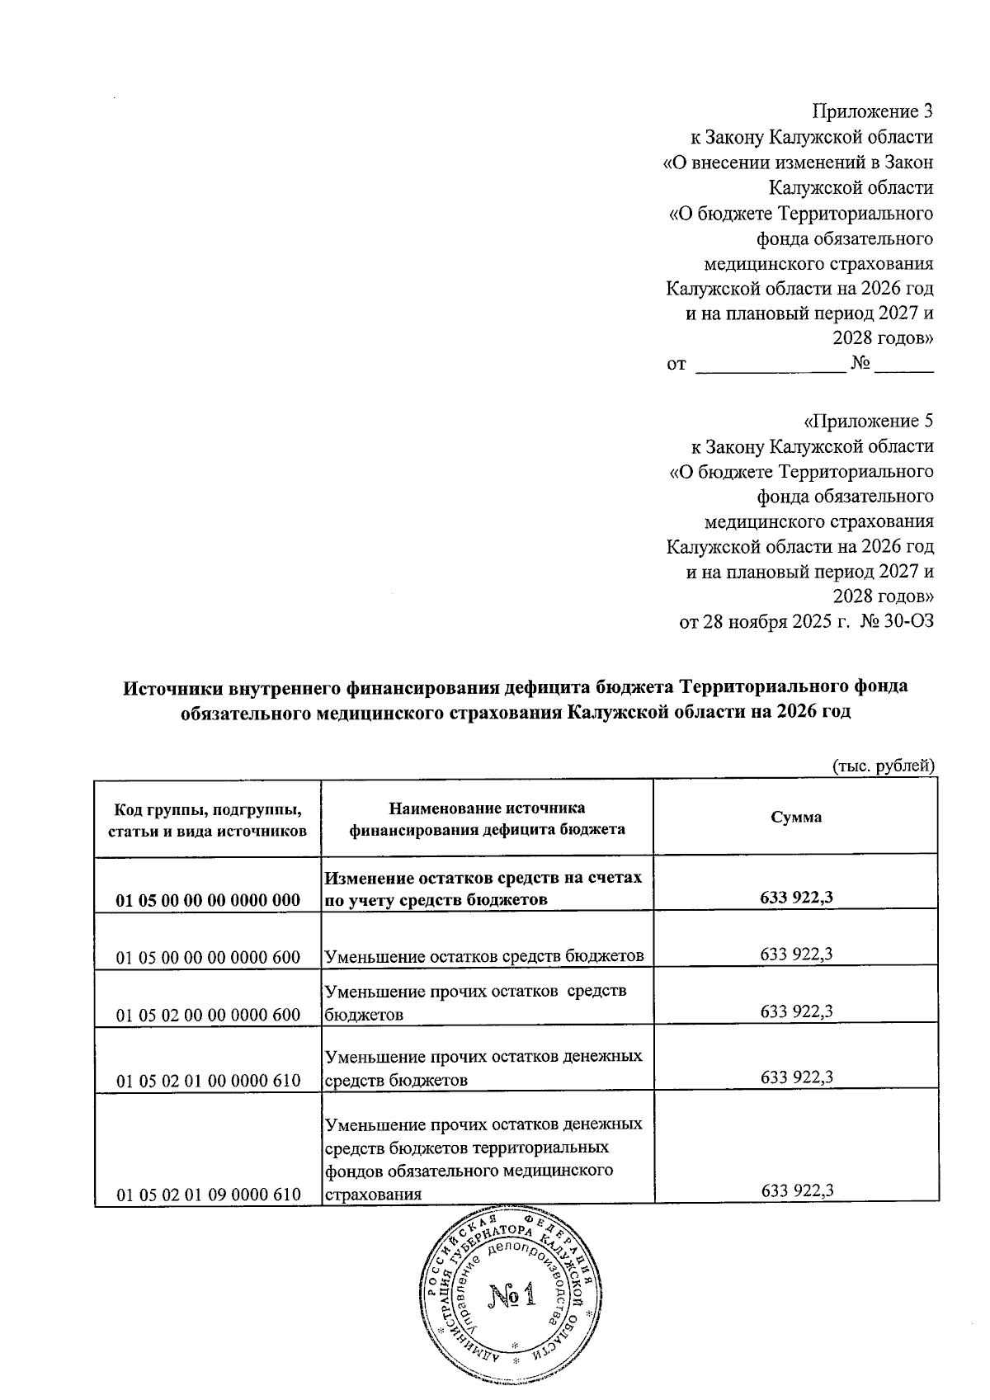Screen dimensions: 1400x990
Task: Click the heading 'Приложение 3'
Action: pos(872,111)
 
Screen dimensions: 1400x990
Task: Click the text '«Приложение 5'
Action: pos(868,422)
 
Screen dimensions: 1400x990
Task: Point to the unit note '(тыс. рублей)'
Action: pos(882,764)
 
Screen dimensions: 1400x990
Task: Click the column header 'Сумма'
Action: pos(795,817)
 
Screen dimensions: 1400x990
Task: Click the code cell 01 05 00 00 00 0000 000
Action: pos(208,900)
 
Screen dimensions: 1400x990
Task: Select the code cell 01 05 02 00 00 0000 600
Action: pos(208,1015)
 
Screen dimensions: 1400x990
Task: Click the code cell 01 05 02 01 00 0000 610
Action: pos(208,1080)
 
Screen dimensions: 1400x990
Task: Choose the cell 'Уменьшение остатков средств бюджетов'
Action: pos(484,956)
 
